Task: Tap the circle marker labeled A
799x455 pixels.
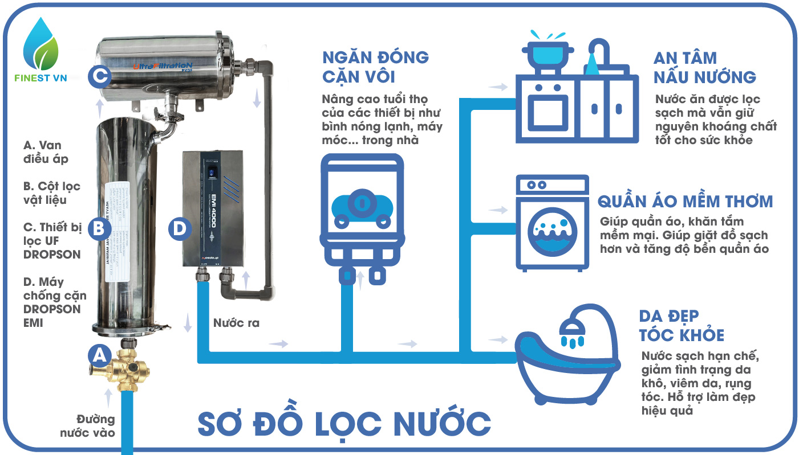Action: pos(100,356)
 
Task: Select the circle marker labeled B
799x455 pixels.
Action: pos(99,228)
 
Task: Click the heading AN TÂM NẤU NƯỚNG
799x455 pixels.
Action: pos(704,67)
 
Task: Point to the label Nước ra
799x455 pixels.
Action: pos(236,323)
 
